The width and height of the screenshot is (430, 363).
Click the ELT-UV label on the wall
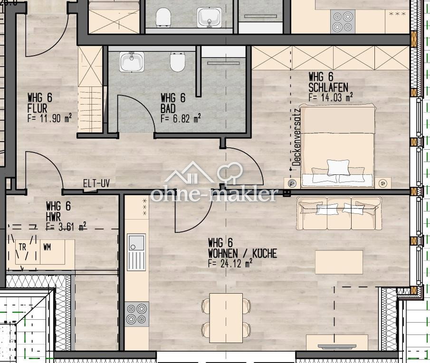pyautogui.click(x=96, y=183)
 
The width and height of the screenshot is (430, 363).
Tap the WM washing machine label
pyautogui.click(x=47, y=247)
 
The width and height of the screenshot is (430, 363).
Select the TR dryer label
pyautogui.click(x=22, y=247)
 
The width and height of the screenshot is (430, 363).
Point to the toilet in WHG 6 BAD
pyautogui.click(x=177, y=62)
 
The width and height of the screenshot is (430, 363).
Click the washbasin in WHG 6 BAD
pyautogui.click(x=132, y=61)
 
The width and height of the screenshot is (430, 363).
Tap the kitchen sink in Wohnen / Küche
pyautogui.click(x=136, y=252)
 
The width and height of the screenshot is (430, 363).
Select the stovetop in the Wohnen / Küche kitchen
pyautogui.click(x=136, y=314)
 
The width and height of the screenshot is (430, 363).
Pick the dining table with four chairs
pyautogui.click(x=226, y=318)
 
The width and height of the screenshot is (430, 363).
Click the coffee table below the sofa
pyautogui.click(x=339, y=262)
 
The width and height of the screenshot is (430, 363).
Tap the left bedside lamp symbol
pyautogui.click(x=292, y=183)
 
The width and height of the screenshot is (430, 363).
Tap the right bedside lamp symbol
pyautogui.click(x=383, y=183)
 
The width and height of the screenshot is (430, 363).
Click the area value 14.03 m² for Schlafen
pyautogui.click(x=330, y=97)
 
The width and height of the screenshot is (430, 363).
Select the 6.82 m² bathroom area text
pyautogui.click(x=181, y=118)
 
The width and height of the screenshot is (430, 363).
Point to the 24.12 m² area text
pyautogui.click(x=230, y=264)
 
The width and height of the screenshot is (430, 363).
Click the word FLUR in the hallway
pyautogui.click(x=37, y=108)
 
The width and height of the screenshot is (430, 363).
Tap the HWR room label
pyautogui.click(x=53, y=217)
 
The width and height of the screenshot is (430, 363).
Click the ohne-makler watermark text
pyautogui.click(x=214, y=194)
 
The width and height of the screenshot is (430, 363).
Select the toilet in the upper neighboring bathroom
pyautogui.click(x=163, y=17)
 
